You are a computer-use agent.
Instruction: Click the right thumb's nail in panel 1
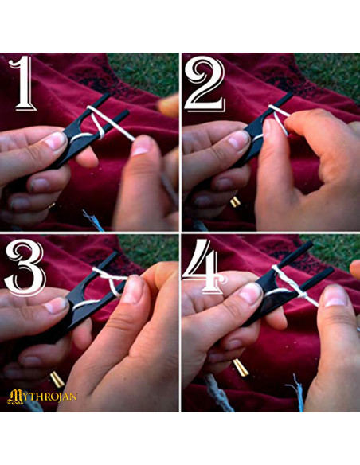pyautogui.click(x=143, y=146)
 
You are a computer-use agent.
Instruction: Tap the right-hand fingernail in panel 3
pyautogui.click(x=133, y=289)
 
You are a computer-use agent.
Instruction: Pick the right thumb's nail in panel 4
pyautogui.click(x=335, y=296)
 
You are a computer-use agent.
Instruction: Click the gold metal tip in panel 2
pyautogui.click(x=235, y=202)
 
